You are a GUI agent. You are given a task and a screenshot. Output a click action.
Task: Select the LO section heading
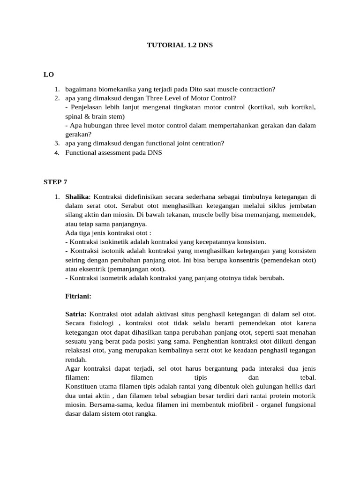pos(48,74)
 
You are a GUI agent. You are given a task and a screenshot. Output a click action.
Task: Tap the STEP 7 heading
pos(55,182)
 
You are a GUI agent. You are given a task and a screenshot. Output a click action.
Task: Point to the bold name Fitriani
pos(78,296)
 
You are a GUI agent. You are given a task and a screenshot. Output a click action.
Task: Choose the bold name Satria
pos(75,313)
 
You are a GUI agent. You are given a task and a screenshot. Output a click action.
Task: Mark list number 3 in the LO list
pos(56,143)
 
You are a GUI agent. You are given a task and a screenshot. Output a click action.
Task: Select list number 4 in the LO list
pos(56,153)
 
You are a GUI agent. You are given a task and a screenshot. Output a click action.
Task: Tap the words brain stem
pos(107,116)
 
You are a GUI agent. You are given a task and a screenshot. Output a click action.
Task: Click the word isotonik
pos(111,251)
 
